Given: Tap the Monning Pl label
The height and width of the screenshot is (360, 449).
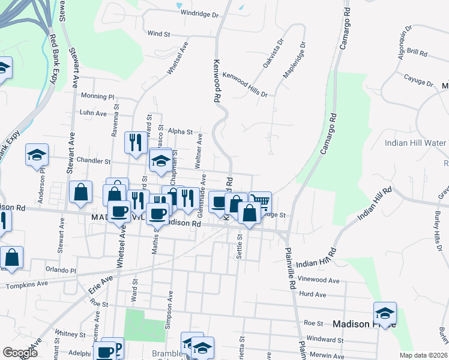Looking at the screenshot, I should (97, 96).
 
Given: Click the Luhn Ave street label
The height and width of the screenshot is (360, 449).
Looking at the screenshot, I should (93, 113).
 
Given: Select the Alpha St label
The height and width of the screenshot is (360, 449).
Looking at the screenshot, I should (180, 132).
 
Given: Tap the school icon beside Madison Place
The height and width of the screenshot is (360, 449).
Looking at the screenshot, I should (385, 313).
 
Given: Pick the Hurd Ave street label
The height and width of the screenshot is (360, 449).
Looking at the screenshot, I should (312, 295).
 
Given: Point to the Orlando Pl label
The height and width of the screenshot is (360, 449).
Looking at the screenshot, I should (61, 270).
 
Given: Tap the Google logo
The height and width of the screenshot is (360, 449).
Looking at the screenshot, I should (20, 353).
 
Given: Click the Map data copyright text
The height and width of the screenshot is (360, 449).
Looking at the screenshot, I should (423, 355).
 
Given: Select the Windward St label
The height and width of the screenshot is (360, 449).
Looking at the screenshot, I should (324, 340).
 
